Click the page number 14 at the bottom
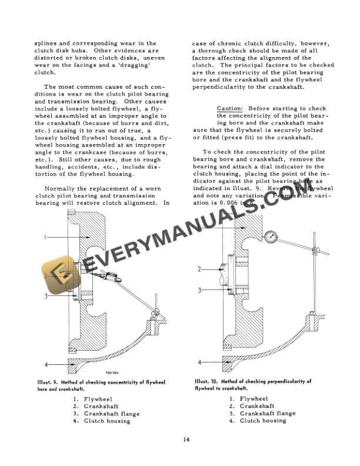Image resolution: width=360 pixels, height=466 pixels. pyautogui.click(x=186, y=440)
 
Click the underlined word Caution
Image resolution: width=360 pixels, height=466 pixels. pyautogui.click(x=230, y=109)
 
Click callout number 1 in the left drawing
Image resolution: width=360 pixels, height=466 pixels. pyautogui.click(x=45, y=237)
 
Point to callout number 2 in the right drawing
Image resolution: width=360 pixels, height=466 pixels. pyautogui.click(x=199, y=269)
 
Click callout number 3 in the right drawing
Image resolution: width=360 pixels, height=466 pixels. pyautogui.click(x=199, y=289)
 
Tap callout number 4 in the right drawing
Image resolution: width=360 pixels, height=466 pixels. pyautogui.click(x=199, y=362)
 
